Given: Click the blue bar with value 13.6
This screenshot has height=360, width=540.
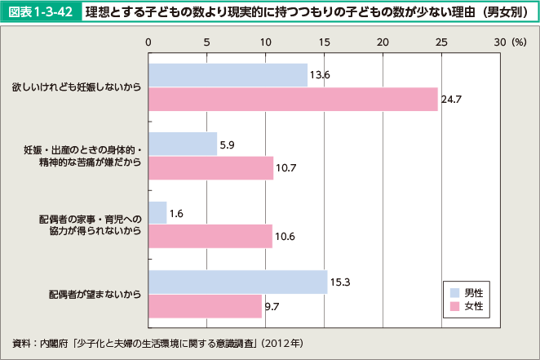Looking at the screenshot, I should pyautogui.click(x=228, y=75).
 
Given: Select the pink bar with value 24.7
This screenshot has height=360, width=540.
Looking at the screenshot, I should pyautogui.click(x=293, y=99).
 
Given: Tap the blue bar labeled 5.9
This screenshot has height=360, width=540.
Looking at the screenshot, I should pyautogui.click(x=183, y=144).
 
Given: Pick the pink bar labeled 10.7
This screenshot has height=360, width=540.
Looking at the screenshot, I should pyautogui.click(x=210, y=168).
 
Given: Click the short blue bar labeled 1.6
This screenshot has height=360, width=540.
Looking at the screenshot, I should pyautogui.click(x=157, y=213).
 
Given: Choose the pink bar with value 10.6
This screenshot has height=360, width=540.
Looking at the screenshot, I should pyautogui.click(x=210, y=237).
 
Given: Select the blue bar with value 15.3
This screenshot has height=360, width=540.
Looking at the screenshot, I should pyautogui.click(x=237, y=282).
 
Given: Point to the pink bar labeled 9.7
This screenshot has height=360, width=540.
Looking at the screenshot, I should pyautogui.click(x=205, y=305).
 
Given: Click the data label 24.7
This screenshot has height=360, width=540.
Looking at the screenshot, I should pyautogui.click(x=451, y=100).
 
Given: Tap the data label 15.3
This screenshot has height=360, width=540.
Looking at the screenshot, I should pyautogui.click(x=339, y=282).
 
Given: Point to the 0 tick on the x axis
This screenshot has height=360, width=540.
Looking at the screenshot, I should pyautogui.click(x=148, y=41).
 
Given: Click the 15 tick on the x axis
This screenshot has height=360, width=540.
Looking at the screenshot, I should pyautogui.click(x=324, y=41).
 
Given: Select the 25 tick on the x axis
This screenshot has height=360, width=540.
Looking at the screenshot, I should pyautogui.click(x=441, y=41).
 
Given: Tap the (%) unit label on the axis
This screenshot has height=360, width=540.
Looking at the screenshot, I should pyautogui.click(x=519, y=41).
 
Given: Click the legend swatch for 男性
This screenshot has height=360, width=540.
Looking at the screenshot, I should pyautogui.click(x=454, y=291).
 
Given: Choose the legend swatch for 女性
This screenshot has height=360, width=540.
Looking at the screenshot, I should pyautogui.click(x=454, y=306).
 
